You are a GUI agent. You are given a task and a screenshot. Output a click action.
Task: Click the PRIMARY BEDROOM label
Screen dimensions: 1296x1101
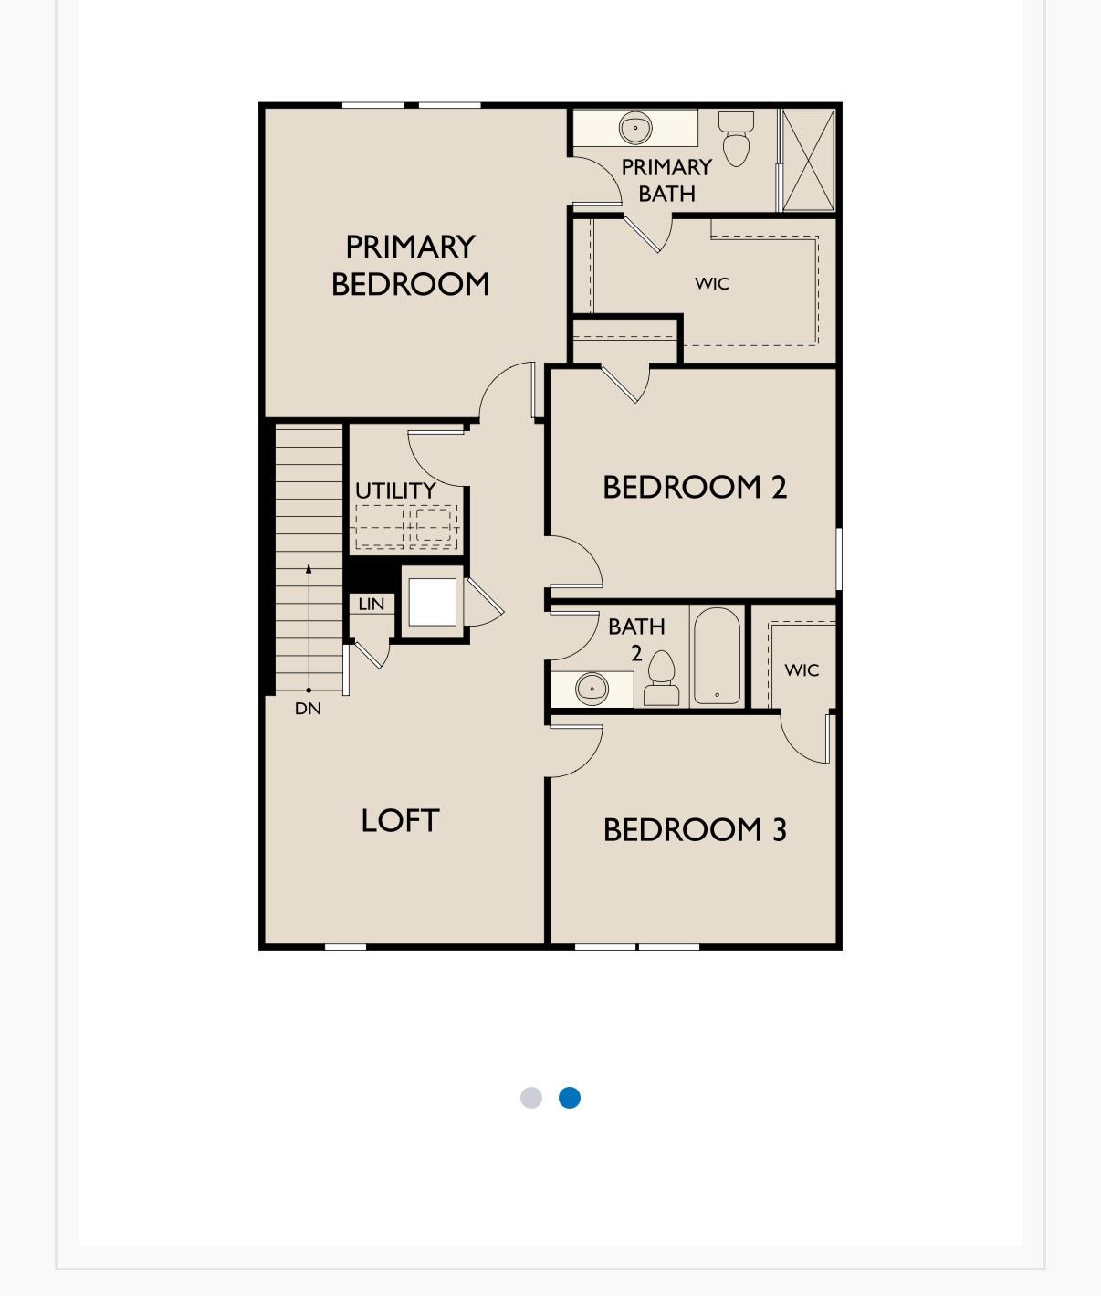tap(410, 266)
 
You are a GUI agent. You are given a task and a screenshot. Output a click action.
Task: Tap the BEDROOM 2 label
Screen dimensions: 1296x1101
tap(694, 487)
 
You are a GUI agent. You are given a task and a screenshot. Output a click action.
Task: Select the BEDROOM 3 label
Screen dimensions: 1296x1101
tap(694, 829)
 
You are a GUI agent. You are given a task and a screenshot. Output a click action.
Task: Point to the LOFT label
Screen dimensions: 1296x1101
tap(400, 820)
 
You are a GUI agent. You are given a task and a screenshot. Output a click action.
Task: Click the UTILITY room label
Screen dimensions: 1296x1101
tap(395, 490)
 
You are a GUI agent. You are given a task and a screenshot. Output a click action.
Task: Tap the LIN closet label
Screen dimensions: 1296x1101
tap(371, 604)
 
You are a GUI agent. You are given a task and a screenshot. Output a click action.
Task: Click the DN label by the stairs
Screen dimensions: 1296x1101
tap(308, 708)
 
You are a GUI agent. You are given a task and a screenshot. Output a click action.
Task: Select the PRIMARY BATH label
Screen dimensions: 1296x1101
tap(666, 180)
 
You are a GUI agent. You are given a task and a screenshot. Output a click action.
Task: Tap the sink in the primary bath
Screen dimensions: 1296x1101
tap(635, 128)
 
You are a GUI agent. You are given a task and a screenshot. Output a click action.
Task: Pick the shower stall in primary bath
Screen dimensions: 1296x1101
tap(808, 161)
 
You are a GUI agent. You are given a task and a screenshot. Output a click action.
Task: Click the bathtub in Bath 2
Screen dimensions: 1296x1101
tap(717, 656)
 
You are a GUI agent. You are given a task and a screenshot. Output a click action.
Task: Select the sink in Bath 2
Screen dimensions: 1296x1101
tap(592, 688)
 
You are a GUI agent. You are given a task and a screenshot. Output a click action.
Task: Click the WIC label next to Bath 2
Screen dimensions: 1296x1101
tap(802, 669)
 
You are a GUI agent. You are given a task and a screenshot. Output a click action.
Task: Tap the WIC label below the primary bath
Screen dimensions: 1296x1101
tap(712, 283)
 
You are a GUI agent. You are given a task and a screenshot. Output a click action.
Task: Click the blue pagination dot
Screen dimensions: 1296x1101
tap(570, 1097)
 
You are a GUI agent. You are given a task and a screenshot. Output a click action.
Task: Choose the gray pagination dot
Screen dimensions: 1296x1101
tap(531, 1097)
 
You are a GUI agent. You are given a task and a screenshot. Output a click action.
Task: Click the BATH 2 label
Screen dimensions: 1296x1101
tap(636, 638)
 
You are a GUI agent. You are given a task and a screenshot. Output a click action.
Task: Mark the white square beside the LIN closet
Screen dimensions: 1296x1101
tap(432, 602)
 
